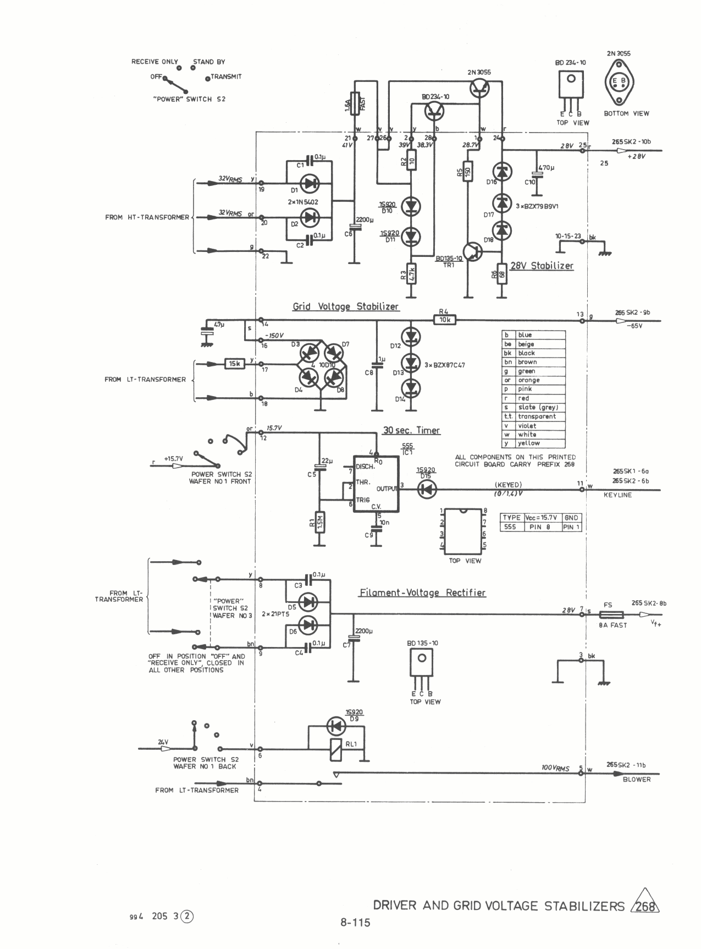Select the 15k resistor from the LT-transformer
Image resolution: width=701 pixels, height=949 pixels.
(235, 364)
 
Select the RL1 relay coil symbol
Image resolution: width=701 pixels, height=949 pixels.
(335, 749)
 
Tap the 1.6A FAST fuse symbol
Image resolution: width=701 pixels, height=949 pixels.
(355, 103)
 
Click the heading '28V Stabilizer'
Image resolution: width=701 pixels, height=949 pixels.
(542, 266)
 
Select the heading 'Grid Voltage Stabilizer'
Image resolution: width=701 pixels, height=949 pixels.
(346, 306)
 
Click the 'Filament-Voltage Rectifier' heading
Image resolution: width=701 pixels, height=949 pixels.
(422, 593)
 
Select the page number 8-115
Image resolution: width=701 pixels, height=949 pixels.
(355, 923)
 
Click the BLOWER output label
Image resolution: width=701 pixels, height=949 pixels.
(637, 779)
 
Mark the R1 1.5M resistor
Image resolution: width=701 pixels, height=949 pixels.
(319, 523)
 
